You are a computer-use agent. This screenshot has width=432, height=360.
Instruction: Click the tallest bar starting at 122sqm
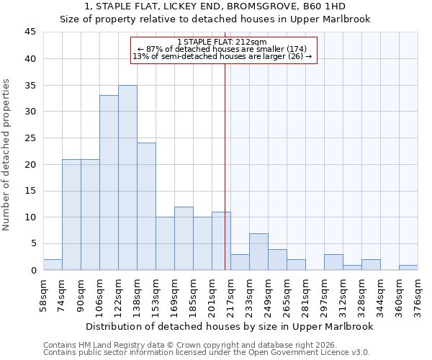(x=127, y=178)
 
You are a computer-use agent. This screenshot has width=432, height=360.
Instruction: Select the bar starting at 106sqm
(x=109, y=183)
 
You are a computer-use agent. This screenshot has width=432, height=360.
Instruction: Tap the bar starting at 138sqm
(x=146, y=207)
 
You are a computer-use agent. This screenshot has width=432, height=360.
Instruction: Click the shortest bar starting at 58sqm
(x=53, y=265)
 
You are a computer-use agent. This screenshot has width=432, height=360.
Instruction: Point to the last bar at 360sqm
(x=408, y=267)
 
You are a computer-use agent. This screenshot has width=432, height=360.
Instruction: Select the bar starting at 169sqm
(x=184, y=238)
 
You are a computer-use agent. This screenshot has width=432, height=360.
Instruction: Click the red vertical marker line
(x=225, y=166)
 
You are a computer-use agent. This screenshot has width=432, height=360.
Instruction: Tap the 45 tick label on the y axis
(x=30, y=32)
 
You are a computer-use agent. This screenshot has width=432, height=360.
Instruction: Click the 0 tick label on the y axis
(x=32, y=270)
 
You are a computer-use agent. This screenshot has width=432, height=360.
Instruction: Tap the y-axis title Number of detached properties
(x=6, y=155)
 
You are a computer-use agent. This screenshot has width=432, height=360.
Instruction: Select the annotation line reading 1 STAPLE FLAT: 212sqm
(x=222, y=42)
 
